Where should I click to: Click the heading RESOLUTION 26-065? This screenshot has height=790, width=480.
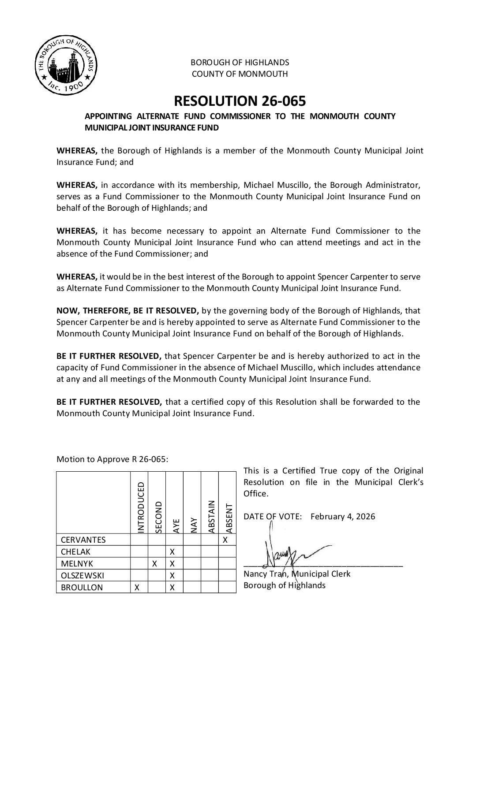click(x=240, y=101)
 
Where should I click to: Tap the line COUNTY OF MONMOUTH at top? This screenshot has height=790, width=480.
click(x=240, y=74)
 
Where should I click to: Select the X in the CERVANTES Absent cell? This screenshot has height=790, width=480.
click(x=225, y=540)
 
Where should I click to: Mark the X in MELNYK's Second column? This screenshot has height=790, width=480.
click(x=154, y=563)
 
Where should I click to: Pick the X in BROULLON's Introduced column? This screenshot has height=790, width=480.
click(x=137, y=587)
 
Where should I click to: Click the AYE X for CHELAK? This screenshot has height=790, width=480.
click(x=172, y=552)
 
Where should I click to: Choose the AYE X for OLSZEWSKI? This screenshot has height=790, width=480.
click(x=172, y=575)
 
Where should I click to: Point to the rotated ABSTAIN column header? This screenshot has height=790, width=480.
click(x=211, y=516)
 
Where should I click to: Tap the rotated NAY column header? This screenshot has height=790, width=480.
click(x=193, y=525)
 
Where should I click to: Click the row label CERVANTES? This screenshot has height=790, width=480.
click(x=83, y=540)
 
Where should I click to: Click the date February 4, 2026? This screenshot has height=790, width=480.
click(x=343, y=516)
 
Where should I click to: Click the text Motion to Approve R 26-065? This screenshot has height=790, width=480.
click(x=112, y=459)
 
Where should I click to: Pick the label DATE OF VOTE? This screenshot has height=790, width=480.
click(x=272, y=516)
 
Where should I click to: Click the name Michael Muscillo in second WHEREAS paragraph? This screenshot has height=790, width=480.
click(x=274, y=185)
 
